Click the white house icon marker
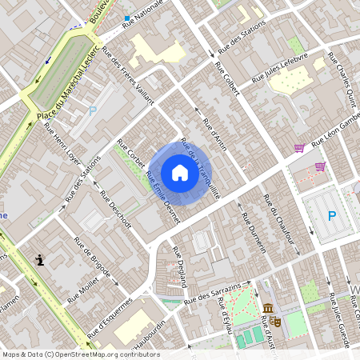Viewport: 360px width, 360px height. tap(180, 173)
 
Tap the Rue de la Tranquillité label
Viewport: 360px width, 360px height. tap(201, 167)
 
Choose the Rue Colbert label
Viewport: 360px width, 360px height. tap(226, 78)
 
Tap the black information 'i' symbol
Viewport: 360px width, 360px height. tap(40, 260)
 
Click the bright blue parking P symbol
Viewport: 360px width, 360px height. tap(332, 215)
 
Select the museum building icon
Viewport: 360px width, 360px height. tap(266, 310)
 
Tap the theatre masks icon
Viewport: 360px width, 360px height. tap(276, 321)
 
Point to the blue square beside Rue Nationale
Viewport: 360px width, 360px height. tap(126, 17)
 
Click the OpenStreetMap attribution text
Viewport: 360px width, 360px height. tap(80, 354)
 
